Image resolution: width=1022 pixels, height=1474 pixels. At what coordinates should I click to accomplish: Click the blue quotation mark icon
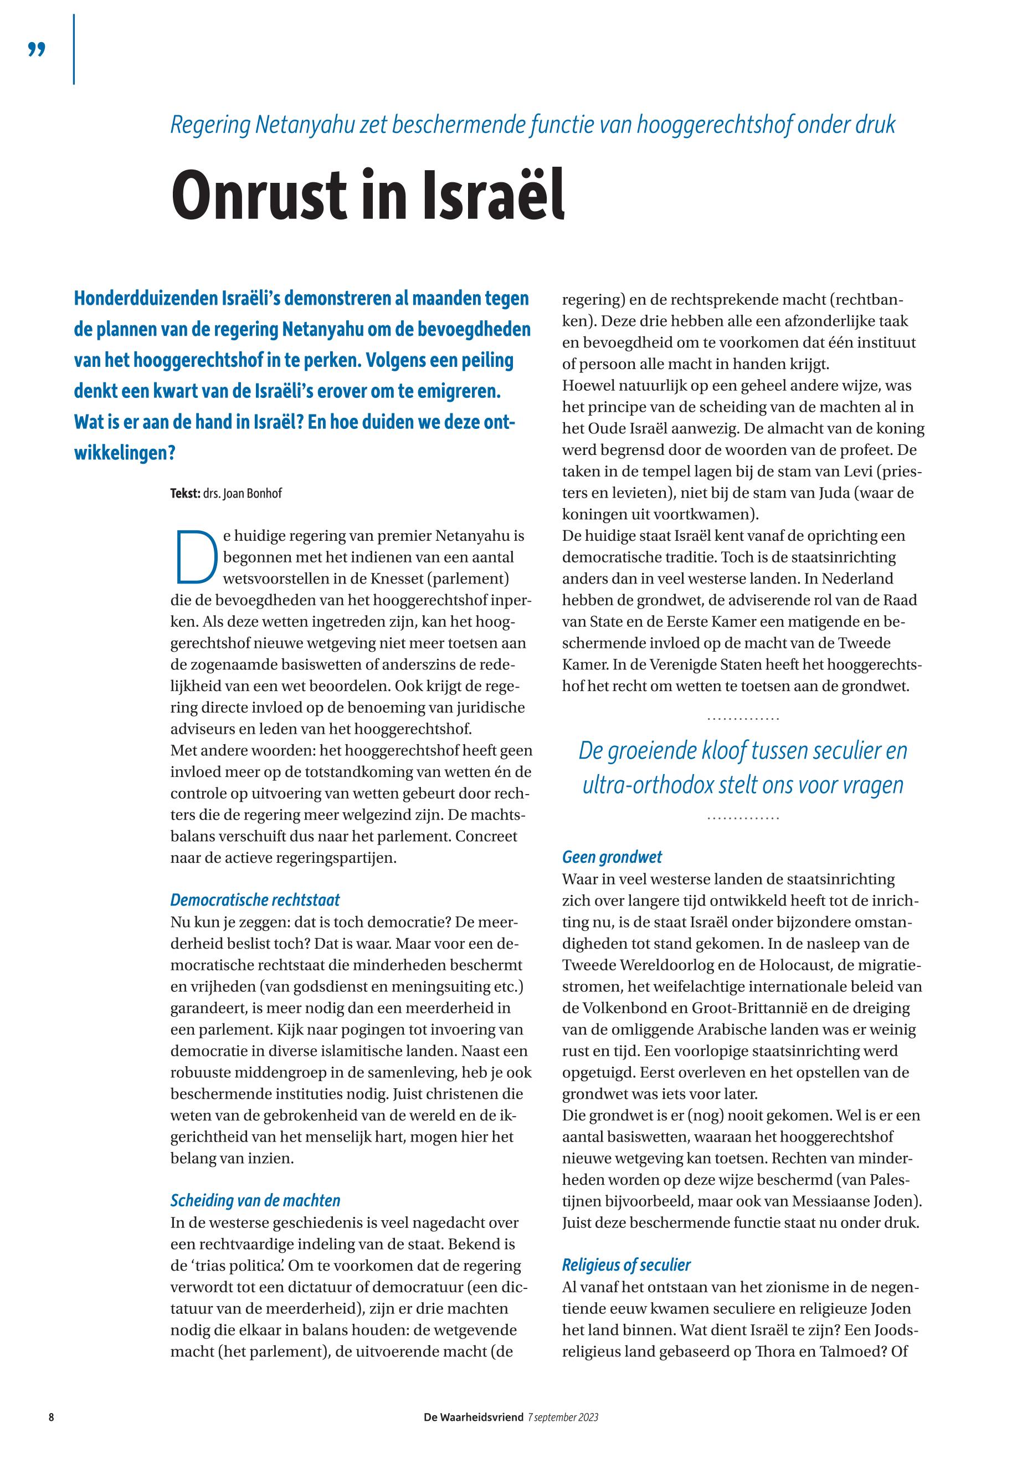pyautogui.click(x=37, y=50)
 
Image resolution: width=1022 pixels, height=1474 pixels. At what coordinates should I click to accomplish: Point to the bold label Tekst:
pyautogui.click(x=185, y=494)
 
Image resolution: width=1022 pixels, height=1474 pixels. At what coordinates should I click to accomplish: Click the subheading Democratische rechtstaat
pyautogui.click(x=255, y=900)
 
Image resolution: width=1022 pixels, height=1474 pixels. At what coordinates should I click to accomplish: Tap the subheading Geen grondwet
pyautogui.click(x=612, y=857)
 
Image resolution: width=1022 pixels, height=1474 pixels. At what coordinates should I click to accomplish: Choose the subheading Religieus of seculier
pyautogui.click(x=626, y=1265)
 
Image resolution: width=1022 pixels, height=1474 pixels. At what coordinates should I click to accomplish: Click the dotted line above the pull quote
pyautogui.click(x=743, y=719)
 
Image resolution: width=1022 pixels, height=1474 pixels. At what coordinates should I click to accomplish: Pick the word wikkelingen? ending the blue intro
pyautogui.click(x=125, y=453)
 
